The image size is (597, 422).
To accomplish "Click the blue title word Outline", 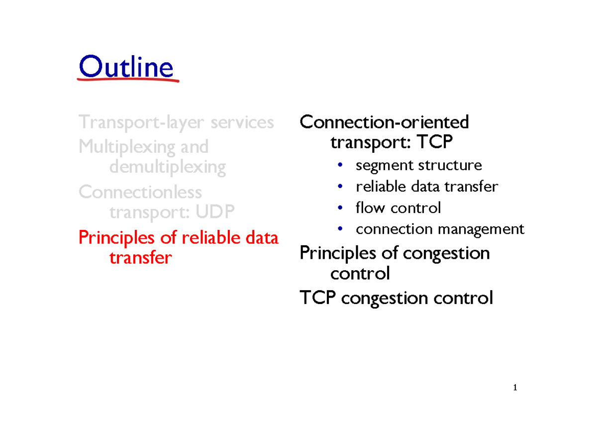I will [x=126, y=67].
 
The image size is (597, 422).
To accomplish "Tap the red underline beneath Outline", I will [x=128, y=80].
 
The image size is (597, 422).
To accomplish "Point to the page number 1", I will [x=516, y=388].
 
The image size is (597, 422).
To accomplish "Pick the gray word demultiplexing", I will [x=167, y=167].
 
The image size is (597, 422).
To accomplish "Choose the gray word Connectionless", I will [x=140, y=192].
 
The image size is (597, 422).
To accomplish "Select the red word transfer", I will [x=140, y=258].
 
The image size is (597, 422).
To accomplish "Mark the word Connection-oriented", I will [x=384, y=122].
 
